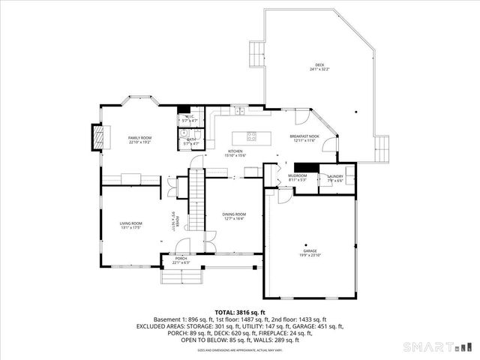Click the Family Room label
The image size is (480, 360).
[x=139, y=138]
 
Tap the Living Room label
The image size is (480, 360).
[x=131, y=223]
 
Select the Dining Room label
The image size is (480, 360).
[x=234, y=214]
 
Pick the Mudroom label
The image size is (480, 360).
[x=298, y=176]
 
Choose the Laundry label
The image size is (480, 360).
[x=334, y=176]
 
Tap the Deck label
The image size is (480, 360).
[x=319, y=65]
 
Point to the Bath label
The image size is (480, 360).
[x=190, y=139]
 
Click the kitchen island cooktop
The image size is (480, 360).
[x=252, y=137]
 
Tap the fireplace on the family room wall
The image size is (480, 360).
[x=95, y=136]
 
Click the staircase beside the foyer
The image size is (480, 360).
[x=196, y=199]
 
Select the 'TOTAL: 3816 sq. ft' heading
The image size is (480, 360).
[x=239, y=312]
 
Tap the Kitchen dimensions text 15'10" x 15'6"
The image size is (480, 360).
[x=234, y=156]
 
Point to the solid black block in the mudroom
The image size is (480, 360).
[x=306, y=167]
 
